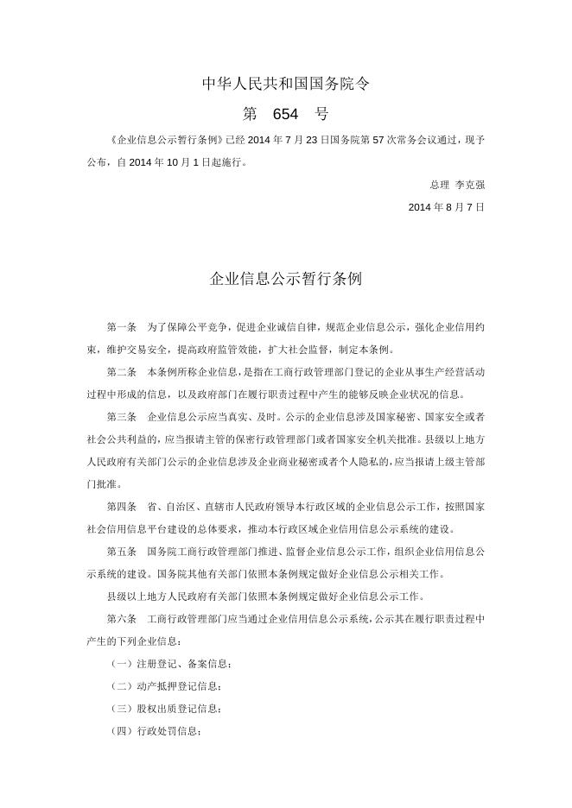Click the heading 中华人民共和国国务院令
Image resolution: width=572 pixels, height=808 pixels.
(x=286, y=84)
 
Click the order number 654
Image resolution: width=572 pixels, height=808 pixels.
(x=285, y=114)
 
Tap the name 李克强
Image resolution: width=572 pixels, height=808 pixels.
(x=470, y=185)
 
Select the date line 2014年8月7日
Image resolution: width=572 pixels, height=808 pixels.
(x=446, y=207)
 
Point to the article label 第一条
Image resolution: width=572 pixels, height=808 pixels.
(x=122, y=327)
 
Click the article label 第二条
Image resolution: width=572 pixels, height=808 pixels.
(x=122, y=372)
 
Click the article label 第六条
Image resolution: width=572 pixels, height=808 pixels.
(x=122, y=619)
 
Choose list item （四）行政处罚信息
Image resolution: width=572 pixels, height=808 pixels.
(x=155, y=731)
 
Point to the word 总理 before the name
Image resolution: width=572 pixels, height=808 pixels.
(x=439, y=185)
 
